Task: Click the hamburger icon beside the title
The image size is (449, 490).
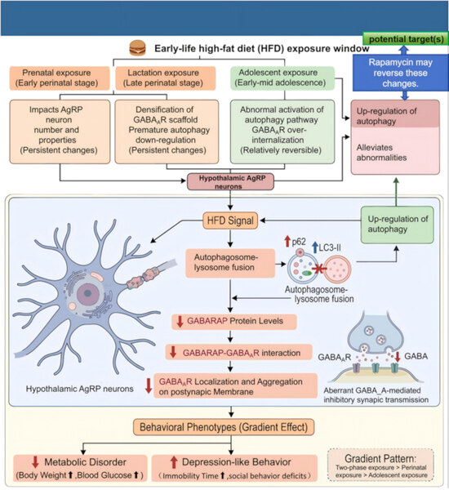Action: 137,48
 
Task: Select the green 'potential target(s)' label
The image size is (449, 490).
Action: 406,39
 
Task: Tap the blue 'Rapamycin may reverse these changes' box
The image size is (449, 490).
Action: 401,73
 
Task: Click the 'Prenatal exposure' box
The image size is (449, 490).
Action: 60,78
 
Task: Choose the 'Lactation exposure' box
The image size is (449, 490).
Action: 165,78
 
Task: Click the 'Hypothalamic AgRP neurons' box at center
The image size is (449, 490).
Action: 230,182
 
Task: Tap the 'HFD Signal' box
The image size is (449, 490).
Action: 230,220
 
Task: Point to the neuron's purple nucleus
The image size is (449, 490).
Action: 88,293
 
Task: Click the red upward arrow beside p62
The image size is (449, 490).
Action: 287,241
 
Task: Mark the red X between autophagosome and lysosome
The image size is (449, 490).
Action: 318,269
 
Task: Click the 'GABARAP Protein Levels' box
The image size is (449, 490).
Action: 234,322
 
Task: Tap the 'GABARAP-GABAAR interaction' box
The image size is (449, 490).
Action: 238,353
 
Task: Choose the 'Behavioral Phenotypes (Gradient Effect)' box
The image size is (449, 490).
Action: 224,427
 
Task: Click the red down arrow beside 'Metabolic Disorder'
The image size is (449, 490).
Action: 35,462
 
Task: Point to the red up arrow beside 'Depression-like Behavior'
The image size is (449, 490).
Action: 174,462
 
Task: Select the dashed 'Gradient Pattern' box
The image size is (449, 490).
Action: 380,465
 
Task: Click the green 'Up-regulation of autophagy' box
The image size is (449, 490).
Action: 397,225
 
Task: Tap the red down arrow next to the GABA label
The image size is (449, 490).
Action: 398,357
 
